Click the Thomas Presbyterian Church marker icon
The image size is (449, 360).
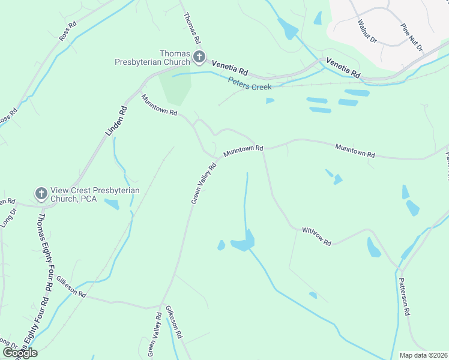pyautogui.click(x=199, y=58)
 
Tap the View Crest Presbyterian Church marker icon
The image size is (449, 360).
pyautogui.click(x=41, y=193)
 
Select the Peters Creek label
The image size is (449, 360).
pyautogui.click(x=250, y=86)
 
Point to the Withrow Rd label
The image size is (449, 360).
pyautogui.click(x=316, y=236)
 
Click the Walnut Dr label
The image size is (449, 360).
pyautogui.click(x=366, y=31)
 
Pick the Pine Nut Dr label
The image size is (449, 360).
pyautogui.click(x=412, y=38)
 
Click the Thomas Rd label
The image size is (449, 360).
pyautogui.click(x=191, y=28)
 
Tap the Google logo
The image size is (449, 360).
pyautogui.click(x=20, y=352)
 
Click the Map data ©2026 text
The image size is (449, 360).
pyautogui.click(x=423, y=355)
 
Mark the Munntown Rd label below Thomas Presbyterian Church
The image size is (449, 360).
pyautogui.click(x=159, y=104)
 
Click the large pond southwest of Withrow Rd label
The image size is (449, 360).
pyautogui.click(x=243, y=243)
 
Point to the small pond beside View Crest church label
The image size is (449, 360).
pyautogui.click(x=112, y=204)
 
